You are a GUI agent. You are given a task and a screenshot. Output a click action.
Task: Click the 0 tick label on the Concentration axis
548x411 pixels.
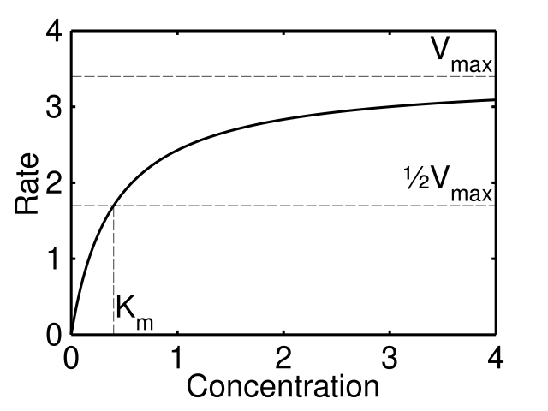pyautogui.click(x=72, y=353)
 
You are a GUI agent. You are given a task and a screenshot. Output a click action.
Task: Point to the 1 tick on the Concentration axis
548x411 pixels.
pyautogui.click(x=177, y=353)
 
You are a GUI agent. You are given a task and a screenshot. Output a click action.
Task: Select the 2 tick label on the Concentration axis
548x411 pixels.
pyautogui.click(x=283, y=353)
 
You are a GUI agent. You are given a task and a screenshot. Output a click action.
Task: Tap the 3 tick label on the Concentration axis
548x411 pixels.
pyautogui.click(x=390, y=353)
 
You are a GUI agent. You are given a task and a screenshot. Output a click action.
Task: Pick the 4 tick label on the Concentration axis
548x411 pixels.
pyautogui.click(x=495, y=353)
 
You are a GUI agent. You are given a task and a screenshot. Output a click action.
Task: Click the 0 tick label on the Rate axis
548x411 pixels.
pyautogui.click(x=54, y=333)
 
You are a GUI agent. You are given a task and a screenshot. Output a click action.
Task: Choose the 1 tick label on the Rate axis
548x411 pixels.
pyautogui.click(x=54, y=258)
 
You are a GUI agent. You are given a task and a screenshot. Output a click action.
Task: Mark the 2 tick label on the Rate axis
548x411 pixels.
pyautogui.click(x=54, y=182)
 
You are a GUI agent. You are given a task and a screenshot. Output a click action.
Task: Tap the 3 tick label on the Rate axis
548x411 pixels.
pyautogui.click(x=54, y=107)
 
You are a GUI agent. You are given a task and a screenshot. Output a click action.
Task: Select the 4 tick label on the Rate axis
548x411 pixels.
pyautogui.click(x=54, y=32)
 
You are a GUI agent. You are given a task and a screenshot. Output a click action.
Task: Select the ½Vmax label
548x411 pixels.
pyautogui.click(x=450, y=183)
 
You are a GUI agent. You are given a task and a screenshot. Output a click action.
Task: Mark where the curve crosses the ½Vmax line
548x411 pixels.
pyautogui.click(x=114, y=205)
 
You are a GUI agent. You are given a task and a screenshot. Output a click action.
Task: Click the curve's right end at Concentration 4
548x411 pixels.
pyautogui.click(x=495, y=100)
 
